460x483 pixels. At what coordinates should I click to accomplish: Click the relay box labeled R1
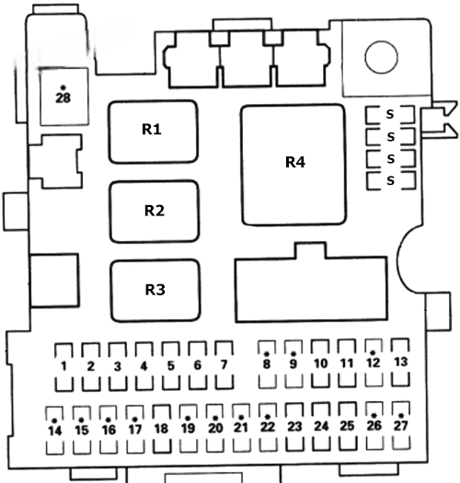(x=153, y=132)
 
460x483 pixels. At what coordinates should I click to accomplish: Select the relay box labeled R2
(x=155, y=212)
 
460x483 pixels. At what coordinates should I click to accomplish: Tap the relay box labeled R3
(x=155, y=291)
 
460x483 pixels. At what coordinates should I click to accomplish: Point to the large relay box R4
(x=293, y=165)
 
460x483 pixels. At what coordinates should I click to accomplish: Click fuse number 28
(x=64, y=97)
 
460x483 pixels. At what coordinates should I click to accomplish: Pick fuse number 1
(x=64, y=366)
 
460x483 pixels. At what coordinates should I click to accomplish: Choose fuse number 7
(x=224, y=365)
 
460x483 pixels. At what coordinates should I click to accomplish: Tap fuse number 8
(x=267, y=364)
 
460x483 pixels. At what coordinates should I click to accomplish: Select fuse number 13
(x=400, y=362)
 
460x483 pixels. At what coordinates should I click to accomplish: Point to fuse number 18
(x=161, y=429)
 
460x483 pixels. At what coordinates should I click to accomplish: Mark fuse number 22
(x=268, y=427)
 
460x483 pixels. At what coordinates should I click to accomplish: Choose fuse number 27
(x=401, y=425)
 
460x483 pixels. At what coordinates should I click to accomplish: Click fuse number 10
(x=320, y=363)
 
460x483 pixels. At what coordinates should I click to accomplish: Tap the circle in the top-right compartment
(x=382, y=57)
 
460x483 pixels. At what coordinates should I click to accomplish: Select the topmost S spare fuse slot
(x=390, y=115)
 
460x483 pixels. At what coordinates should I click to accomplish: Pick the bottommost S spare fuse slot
(x=391, y=180)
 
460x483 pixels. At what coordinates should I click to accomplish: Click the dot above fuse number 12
(x=373, y=352)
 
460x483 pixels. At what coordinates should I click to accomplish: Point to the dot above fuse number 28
(x=63, y=87)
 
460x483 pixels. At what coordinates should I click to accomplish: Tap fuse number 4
(x=144, y=366)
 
